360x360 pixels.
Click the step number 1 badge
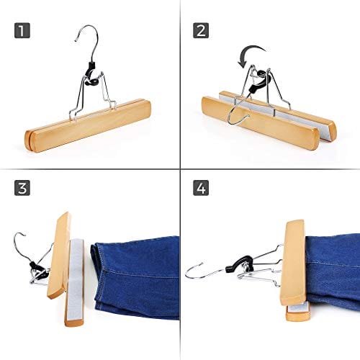[22, 30]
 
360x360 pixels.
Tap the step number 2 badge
[201, 30]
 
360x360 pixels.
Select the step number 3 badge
[22, 188]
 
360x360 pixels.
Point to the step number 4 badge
[201, 188]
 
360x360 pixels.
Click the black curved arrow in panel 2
[250, 49]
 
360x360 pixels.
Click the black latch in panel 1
[92, 74]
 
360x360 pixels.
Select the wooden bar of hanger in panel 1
[88, 125]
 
